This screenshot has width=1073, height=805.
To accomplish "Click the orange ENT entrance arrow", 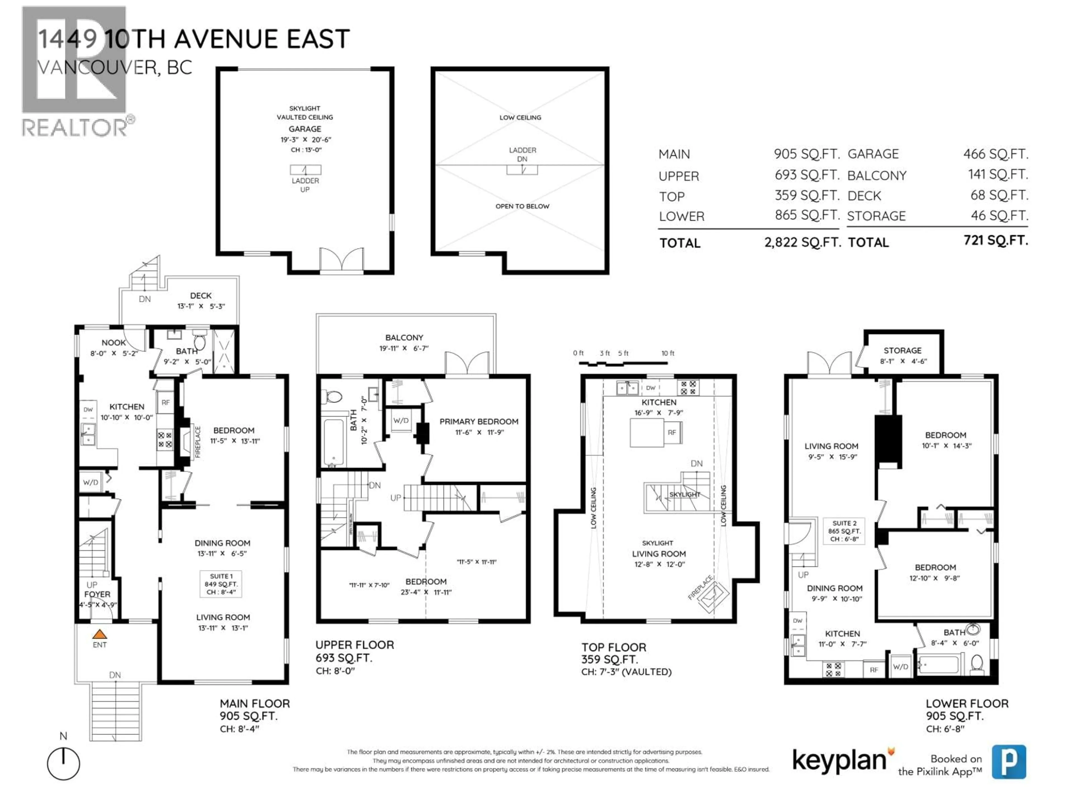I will pos(99,634).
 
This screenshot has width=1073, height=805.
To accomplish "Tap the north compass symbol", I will pos(63,764).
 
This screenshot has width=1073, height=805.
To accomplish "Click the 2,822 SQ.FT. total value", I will pos(802,242).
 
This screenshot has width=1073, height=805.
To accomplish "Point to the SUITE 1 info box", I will pos(221,584).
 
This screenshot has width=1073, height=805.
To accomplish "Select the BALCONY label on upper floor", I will pos(404,338).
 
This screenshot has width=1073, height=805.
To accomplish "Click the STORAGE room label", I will pos(902,350).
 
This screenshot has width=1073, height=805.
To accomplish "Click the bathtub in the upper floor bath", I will pos(334,442).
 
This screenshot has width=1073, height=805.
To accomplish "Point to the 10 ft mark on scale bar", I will pos(668,353).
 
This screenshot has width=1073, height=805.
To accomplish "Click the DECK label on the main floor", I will pos(201,295).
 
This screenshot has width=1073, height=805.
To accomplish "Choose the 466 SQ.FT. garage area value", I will pos(995,154).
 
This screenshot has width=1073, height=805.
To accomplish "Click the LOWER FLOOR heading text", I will pos(967,704).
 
